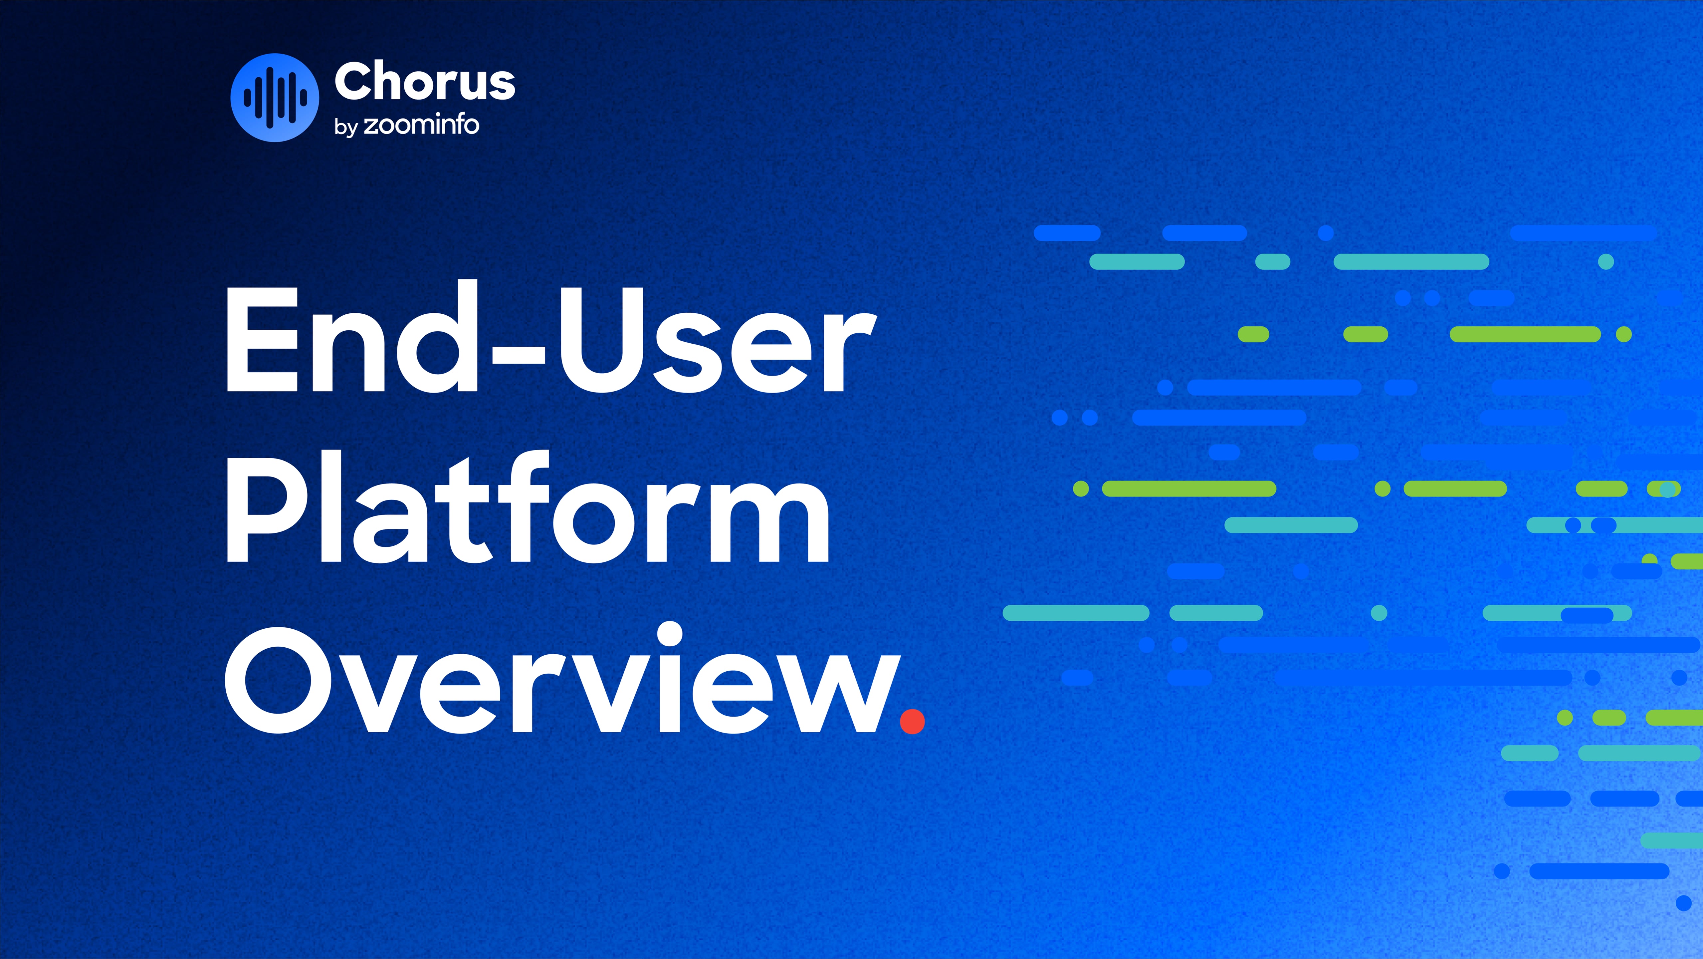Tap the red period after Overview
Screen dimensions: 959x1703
[912, 721]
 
